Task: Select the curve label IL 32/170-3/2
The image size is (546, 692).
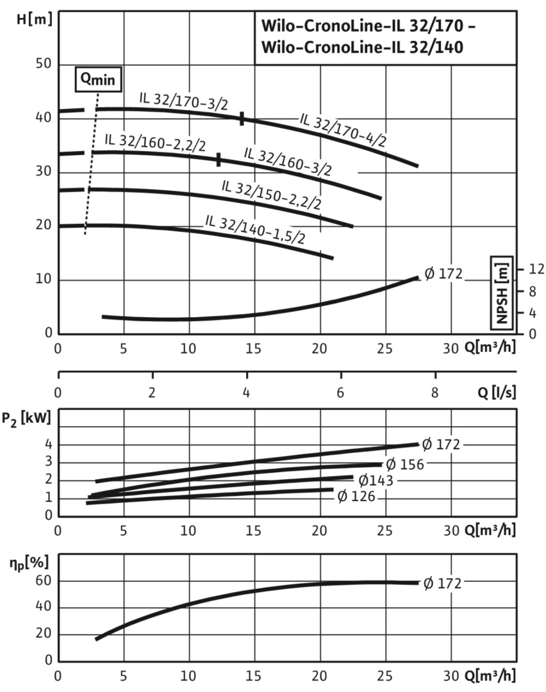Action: [x=183, y=101]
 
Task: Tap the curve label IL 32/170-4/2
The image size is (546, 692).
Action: [x=343, y=130]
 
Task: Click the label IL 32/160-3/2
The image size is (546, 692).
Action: [x=288, y=161]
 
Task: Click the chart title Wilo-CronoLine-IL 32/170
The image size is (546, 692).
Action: [x=368, y=29]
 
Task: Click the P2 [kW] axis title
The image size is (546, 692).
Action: [x=31, y=420]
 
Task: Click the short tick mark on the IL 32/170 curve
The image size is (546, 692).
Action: [x=242, y=118]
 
